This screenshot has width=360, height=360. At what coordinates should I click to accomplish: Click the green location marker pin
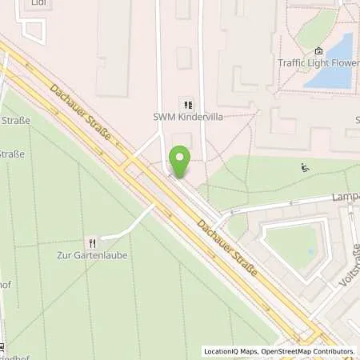coord(180,162)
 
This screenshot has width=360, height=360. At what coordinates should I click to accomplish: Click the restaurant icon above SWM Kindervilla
coord(188,104)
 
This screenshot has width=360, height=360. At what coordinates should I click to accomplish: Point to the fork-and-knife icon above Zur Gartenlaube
coord(93,242)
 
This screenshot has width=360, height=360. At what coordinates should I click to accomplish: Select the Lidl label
coord(38,3)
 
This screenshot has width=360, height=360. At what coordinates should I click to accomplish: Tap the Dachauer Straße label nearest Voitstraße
coord(229,245)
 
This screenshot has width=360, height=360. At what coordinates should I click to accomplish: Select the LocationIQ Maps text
coord(228,351)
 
